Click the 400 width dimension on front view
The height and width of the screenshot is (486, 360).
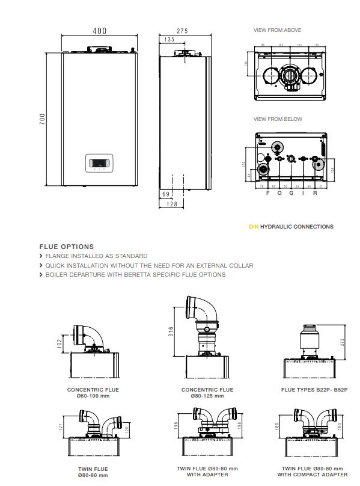99,29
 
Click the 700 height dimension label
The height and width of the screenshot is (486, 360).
42,121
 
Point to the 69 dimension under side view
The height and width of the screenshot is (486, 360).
166,194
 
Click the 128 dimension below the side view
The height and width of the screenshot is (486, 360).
171,205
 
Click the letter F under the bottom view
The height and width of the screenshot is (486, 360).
267,194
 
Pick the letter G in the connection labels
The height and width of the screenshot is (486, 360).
291,194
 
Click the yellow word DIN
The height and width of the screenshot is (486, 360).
253,227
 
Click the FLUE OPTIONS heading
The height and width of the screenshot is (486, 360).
66,247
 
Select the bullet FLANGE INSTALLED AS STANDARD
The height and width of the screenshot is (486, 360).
96,256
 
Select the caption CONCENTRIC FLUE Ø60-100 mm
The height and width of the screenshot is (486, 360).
93,393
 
